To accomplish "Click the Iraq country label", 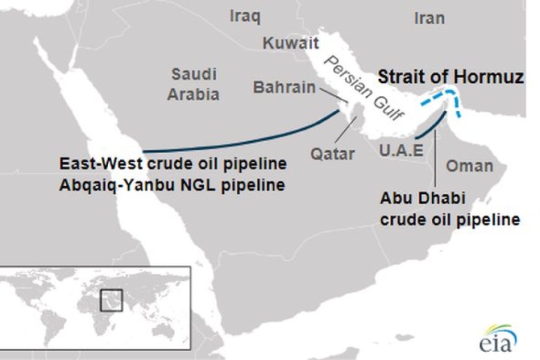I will (245, 16).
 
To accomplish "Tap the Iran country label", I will (429, 18).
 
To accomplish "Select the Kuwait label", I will (291, 43).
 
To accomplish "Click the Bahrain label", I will (284, 88).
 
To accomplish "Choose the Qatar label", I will (334, 153).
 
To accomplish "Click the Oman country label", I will (469, 165).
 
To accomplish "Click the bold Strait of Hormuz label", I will (451, 77).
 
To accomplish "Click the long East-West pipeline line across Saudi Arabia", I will (236, 144).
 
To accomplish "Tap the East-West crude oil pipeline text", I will (173, 165).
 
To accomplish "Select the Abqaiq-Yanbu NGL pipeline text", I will (172, 184).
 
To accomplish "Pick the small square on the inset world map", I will (111, 299).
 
